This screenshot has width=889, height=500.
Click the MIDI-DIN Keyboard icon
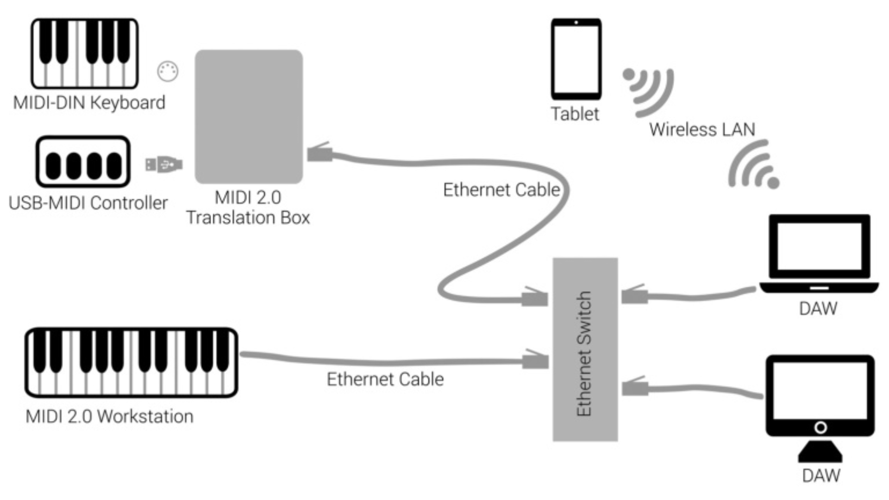point(85,53)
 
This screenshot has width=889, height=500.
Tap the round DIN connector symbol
point(168,71)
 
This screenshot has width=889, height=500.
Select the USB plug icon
point(164,164)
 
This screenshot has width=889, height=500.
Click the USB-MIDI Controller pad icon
point(83,162)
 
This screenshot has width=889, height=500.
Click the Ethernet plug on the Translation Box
point(320,153)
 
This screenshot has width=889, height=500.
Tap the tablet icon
point(576,59)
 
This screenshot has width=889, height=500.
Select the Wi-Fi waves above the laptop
point(753,167)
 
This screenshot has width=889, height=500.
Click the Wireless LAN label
point(702,129)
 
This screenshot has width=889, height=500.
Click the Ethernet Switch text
point(585,354)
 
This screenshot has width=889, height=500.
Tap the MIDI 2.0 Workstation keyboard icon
point(131,362)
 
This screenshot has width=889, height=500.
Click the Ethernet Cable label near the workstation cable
point(385,379)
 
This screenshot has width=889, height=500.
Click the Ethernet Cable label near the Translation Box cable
point(501,190)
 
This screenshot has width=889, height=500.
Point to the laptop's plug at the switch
point(634,295)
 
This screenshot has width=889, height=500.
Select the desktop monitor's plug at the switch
point(635,387)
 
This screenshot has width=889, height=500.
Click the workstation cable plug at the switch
point(535,360)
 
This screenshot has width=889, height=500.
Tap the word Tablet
point(575,114)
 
